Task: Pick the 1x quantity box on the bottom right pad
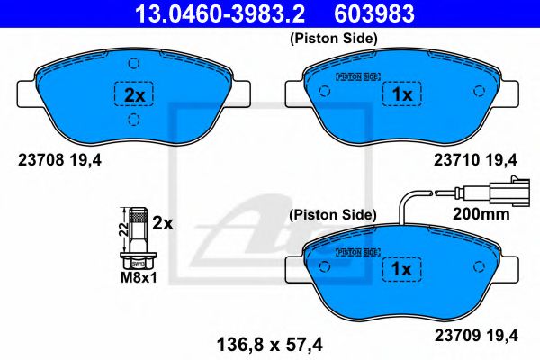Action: pos(398,269)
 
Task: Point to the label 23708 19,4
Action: pos(56,162)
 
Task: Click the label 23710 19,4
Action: pos(478,162)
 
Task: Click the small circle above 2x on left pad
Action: pos(132,63)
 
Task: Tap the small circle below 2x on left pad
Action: pos(132,121)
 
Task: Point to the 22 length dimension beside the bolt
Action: pos(121,230)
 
